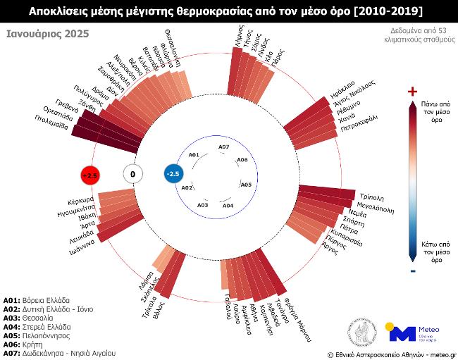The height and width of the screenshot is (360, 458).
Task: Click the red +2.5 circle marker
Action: pos(89,174)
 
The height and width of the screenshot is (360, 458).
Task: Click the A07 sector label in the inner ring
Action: pos(223,147)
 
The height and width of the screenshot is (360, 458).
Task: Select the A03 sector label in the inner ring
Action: pos(203,204)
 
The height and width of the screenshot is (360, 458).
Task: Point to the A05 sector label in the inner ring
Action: pos(246,185)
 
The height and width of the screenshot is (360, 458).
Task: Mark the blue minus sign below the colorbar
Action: pos(413,271)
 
